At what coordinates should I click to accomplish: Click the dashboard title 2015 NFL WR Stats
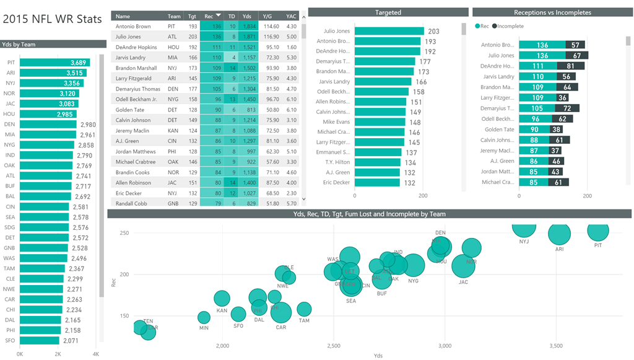pos(53,19)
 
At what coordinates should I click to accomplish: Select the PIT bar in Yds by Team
pos(54,63)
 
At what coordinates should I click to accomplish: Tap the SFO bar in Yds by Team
pos(40,340)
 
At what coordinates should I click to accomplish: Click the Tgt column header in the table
pos(192,16)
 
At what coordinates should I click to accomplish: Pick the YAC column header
pos(291,16)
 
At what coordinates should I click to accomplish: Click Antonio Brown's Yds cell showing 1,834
pos(248,27)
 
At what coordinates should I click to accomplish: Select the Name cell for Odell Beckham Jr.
pos(136,99)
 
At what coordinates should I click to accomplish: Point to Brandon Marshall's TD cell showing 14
pos(232,68)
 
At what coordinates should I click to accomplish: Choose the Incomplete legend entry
pos(510,26)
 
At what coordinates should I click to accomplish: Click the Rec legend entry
pos(481,26)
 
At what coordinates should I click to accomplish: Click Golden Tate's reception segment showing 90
pos(534,130)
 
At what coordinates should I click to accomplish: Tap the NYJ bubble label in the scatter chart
pos(524,242)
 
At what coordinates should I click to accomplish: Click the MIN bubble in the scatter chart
pos(204,318)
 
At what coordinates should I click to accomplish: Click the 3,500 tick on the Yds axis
pos(555,345)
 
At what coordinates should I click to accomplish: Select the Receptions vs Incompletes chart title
pos(552,12)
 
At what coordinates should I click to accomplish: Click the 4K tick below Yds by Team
pos(95,354)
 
